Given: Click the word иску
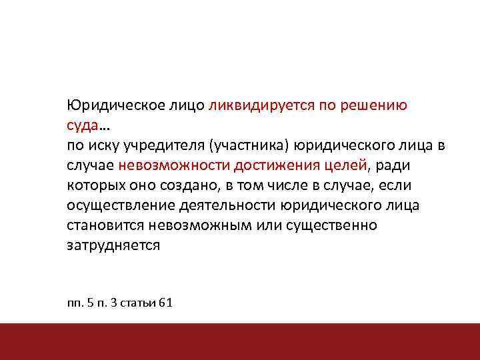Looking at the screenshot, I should click(101, 145).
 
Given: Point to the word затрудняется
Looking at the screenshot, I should click(113, 245).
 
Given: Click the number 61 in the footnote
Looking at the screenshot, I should click(166, 303).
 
